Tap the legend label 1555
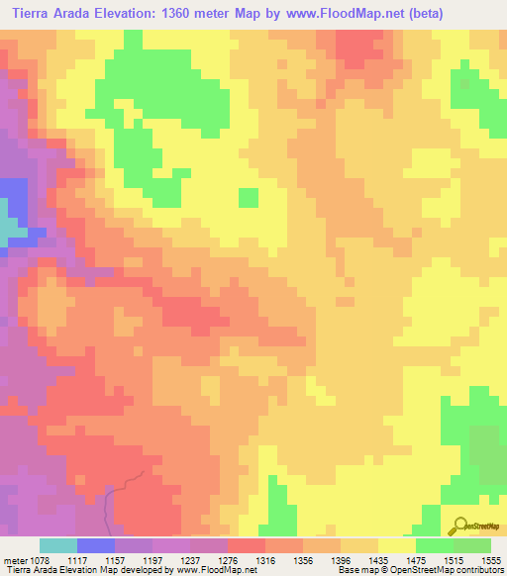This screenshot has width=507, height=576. click(492, 559)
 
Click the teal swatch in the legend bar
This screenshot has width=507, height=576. click(58, 545)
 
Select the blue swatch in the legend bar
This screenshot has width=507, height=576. click(96, 545)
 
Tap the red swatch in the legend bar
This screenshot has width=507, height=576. click(247, 545)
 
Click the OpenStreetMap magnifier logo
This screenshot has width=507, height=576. click(460, 526)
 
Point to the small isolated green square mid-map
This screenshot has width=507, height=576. click(249, 198)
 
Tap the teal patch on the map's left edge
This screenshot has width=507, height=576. click(8, 230)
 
